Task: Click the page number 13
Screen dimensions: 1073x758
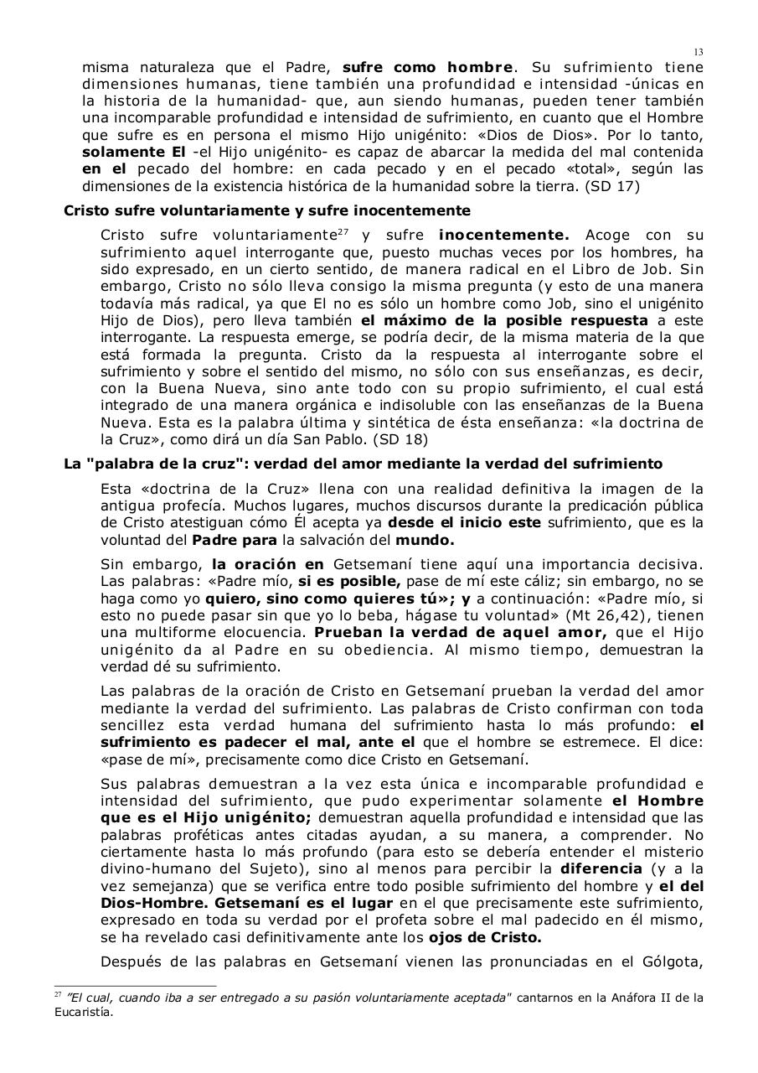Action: pos(699,52)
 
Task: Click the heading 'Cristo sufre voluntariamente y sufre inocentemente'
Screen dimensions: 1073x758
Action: pos(267,210)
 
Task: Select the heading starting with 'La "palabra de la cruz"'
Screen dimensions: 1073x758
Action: pos(363,464)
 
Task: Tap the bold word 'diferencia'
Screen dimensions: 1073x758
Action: pos(601,869)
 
